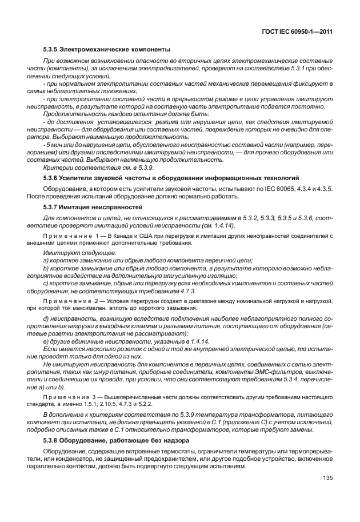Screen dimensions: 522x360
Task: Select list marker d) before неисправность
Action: tap(46, 317)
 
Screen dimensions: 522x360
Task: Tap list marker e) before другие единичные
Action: tap(46, 341)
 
